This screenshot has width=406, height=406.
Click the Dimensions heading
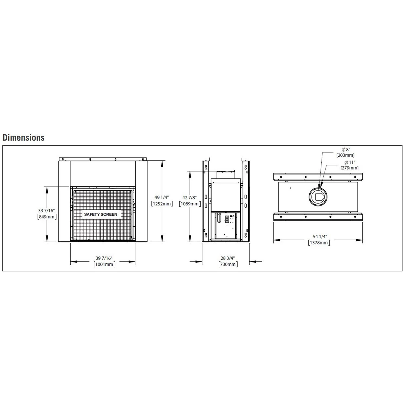point(24,137)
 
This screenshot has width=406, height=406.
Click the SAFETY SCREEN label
point(101,214)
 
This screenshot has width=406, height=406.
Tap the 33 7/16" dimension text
point(47,211)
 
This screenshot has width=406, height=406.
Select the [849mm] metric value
point(47,217)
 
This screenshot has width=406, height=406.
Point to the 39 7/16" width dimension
point(104,258)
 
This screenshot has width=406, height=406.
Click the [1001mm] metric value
point(104,264)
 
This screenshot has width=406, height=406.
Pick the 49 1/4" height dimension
point(162,198)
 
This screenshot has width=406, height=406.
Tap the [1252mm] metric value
point(162,204)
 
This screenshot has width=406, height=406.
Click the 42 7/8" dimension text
point(189,198)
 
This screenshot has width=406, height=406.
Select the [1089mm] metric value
point(190,204)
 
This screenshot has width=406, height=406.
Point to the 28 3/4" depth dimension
point(228,258)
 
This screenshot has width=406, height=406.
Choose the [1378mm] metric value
point(319,243)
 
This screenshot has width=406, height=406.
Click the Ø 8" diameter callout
point(346,150)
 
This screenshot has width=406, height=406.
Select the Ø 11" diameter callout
point(350,162)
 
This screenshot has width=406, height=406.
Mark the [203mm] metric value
point(345,155)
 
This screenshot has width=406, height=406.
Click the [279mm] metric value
point(349,168)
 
